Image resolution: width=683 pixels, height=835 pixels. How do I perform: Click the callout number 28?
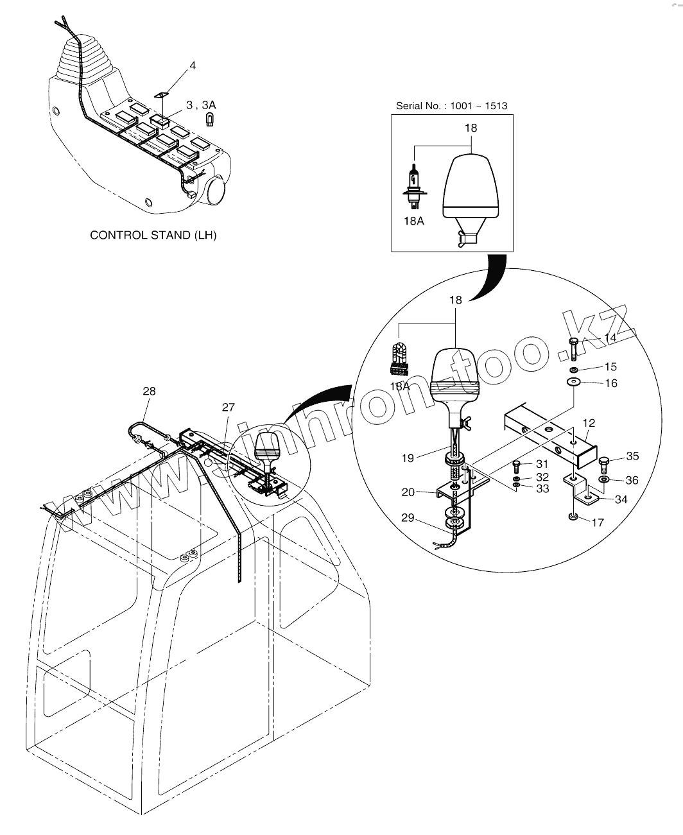tap(149, 391)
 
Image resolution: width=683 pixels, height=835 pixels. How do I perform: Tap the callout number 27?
tap(229, 407)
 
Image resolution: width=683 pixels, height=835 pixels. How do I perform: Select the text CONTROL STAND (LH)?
tap(153, 235)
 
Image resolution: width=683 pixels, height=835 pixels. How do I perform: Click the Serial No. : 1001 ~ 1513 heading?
tap(451, 105)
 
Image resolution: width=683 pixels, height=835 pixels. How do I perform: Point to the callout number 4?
tap(193, 65)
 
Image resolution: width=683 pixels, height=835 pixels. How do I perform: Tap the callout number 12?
tap(589, 423)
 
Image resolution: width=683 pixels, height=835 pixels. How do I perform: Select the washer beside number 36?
tap(605, 479)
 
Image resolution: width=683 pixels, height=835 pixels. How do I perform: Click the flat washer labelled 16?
tap(572, 383)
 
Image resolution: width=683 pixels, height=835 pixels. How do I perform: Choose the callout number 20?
tap(408, 492)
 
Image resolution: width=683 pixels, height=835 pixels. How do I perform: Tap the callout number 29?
tap(408, 518)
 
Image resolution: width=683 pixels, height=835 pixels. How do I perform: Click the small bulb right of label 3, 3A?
tap(209, 118)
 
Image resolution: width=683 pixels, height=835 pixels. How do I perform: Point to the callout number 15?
tap(610, 366)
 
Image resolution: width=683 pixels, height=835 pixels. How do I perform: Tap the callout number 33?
tap(542, 489)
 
